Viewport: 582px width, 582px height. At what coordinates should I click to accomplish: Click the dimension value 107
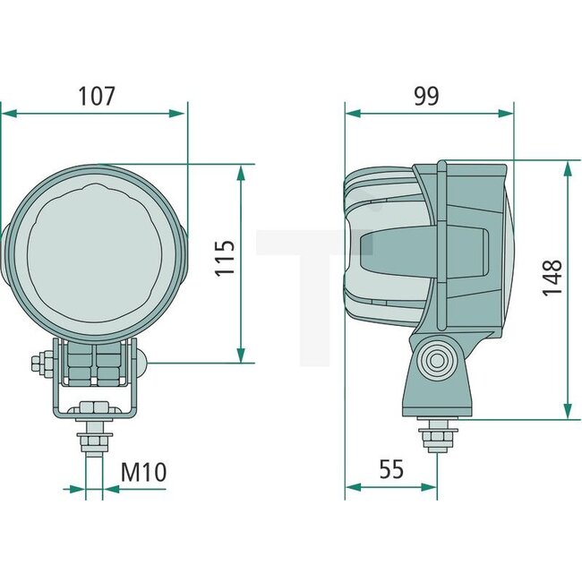pos(96,96)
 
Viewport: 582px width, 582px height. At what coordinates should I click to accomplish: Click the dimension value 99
pos(428,96)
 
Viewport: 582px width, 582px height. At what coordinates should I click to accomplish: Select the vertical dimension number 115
pos(225,258)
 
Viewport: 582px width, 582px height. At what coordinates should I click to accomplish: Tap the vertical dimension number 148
pos(552,278)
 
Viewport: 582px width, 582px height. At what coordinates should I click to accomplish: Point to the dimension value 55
pos(390,469)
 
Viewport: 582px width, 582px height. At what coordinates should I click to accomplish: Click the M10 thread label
pos(143,471)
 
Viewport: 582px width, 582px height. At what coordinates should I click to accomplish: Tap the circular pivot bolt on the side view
pos(437,362)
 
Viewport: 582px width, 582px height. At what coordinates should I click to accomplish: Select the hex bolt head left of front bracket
pos(39,364)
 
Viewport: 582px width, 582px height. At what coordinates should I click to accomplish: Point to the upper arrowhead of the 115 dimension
pos(241,172)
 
